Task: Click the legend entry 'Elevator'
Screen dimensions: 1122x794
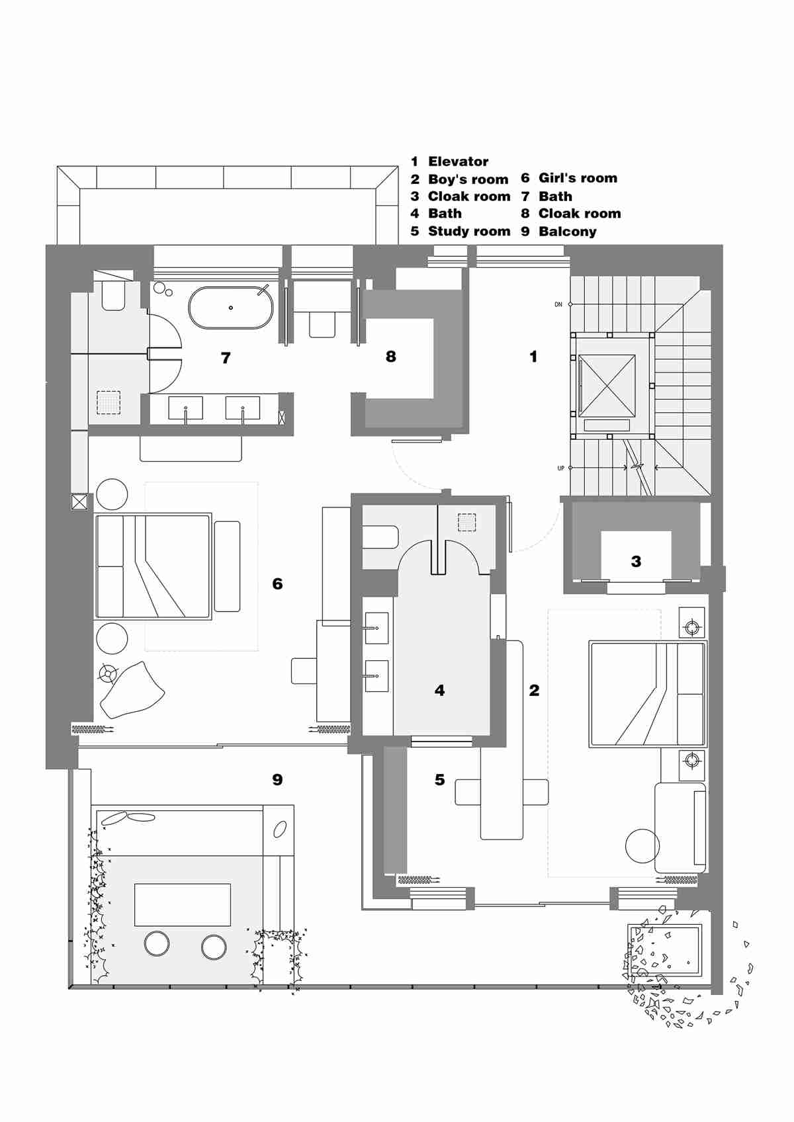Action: click(458, 161)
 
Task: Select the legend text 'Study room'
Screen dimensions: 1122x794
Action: click(469, 232)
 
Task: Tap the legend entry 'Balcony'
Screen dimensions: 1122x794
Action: click(567, 232)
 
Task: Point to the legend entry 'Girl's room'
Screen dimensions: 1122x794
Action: click(578, 178)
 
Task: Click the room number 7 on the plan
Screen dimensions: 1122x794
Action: click(226, 358)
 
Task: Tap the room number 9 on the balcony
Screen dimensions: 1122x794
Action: click(277, 780)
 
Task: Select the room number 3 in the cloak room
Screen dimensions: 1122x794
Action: click(636, 562)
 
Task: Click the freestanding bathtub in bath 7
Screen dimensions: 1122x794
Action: click(231, 308)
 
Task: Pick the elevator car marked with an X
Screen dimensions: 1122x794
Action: click(607, 386)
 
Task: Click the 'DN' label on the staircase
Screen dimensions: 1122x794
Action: click(558, 304)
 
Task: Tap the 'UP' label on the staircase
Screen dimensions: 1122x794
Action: click(560, 468)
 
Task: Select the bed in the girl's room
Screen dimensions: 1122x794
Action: click(154, 566)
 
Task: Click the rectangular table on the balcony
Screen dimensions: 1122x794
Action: click(183, 904)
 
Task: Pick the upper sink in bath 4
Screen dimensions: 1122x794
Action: click(376, 628)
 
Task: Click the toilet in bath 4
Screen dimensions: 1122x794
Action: click(380, 537)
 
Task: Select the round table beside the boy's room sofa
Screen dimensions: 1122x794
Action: click(642, 845)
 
